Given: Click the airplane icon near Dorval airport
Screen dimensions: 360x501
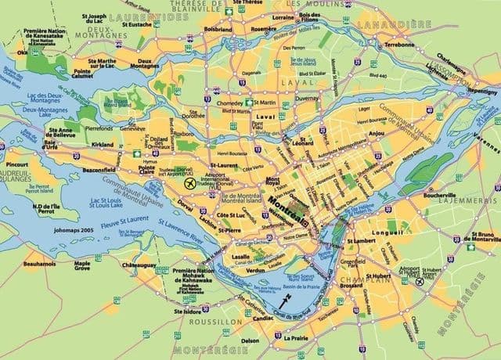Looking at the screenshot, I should (x=188, y=183).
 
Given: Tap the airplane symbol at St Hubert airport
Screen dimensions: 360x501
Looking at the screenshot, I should (x=420, y=281).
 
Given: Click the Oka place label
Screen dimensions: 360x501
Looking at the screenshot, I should (x=21, y=53).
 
